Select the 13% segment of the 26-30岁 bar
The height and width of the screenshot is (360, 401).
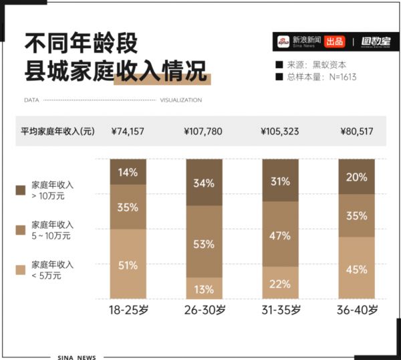205,288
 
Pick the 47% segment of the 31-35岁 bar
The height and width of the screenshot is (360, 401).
280,235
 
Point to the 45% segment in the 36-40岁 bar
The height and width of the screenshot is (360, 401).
357,268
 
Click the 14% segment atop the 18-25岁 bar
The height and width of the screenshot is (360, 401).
128,171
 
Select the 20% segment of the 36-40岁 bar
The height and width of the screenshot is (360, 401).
357,177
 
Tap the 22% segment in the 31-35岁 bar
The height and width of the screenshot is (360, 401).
280,283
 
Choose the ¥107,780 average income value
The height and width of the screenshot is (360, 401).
203,131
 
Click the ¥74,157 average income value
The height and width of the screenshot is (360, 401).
128,131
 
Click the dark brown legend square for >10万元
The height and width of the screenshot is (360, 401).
21,189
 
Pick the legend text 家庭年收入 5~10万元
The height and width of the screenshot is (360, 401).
53,230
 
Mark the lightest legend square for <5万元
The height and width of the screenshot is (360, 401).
21,270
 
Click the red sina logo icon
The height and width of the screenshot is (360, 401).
284,41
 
